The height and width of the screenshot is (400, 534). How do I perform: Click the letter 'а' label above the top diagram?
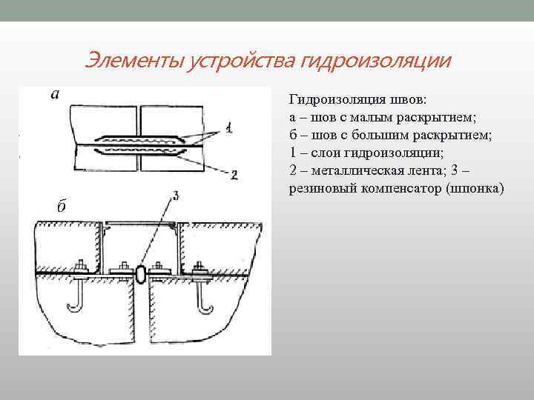[55, 94]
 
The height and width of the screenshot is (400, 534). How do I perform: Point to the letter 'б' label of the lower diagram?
[61, 206]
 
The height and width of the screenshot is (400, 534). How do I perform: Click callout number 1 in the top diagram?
[229, 128]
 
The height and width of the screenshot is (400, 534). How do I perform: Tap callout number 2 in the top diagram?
[233, 175]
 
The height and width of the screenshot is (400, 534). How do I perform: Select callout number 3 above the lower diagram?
[175, 196]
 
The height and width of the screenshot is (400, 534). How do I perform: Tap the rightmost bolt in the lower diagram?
[199, 268]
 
